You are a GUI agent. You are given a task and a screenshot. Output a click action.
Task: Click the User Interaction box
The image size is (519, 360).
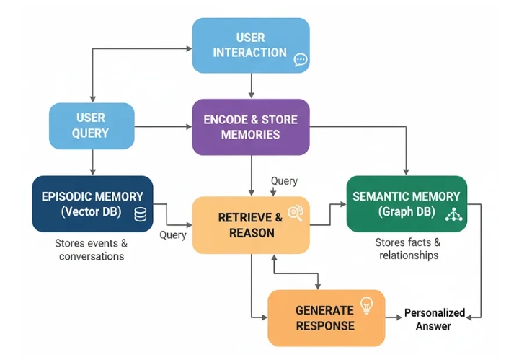point(250,45)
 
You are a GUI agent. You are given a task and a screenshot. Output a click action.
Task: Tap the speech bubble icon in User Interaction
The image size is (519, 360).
point(301,60)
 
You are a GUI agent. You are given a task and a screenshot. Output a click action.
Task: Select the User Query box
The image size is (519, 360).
point(91,126)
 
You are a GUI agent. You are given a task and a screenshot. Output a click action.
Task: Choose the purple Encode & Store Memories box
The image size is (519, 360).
point(250,127)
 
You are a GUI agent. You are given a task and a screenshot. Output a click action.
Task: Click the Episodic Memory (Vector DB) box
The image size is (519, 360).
point(92,203)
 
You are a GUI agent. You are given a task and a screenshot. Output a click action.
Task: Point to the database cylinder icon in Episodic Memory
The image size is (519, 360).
point(140,214)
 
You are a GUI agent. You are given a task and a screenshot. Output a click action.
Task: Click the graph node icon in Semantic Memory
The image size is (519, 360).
point(453,214)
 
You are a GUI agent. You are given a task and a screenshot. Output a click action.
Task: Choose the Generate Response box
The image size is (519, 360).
point(326,317)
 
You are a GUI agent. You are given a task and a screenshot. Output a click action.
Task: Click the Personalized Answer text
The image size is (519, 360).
point(434,320)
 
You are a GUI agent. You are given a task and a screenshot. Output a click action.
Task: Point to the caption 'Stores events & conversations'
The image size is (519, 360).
point(92,249)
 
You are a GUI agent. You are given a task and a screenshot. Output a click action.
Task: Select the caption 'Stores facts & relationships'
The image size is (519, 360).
point(407,249)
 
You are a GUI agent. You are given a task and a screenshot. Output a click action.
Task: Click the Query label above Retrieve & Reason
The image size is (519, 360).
point(283,181)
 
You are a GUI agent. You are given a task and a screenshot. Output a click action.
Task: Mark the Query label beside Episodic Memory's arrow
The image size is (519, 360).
point(173,234)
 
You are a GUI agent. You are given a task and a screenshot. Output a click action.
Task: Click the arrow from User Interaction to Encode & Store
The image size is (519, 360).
point(250,84)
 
